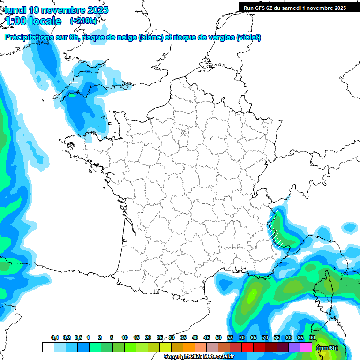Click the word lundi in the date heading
pyautogui.click(x=15, y=10)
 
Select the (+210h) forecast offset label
pyautogui.click(x=83, y=21)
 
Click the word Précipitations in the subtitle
pyautogui.click(x=31, y=37)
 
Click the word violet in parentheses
pyautogui.click(x=248, y=37)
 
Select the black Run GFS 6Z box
pyautogui.click(x=299, y=7)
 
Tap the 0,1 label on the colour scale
pyautogui.click(x=55, y=338)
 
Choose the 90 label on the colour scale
pyautogui.click(x=312, y=338)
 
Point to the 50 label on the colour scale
pyautogui.click(x=218, y=338)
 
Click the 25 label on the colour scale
pyautogui.click(x=160, y=338)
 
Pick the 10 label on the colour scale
pyautogui.click(x=125, y=338)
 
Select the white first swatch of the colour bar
pyautogui.click(x=48, y=347)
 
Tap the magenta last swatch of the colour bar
pyautogui.click(x=306, y=347)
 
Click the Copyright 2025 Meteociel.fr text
pyautogui.click(x=199, y=357)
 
